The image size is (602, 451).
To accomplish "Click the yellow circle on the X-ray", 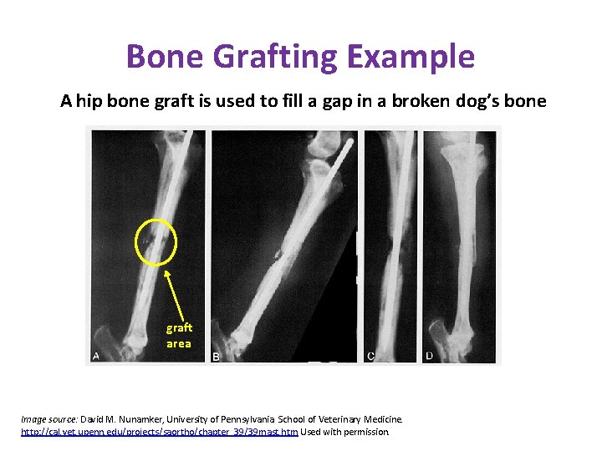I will click(x=156, y=243).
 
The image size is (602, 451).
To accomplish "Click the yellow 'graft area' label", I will click(x=179, y=336).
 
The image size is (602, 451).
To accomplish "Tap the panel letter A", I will click(x=95, y=356).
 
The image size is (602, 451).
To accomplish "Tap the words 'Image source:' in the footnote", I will click(x=48, y=419).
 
